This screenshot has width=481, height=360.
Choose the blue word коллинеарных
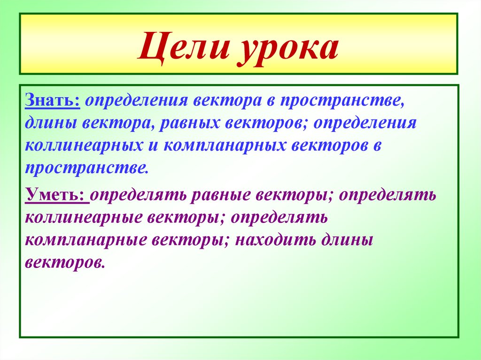[84, 146]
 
